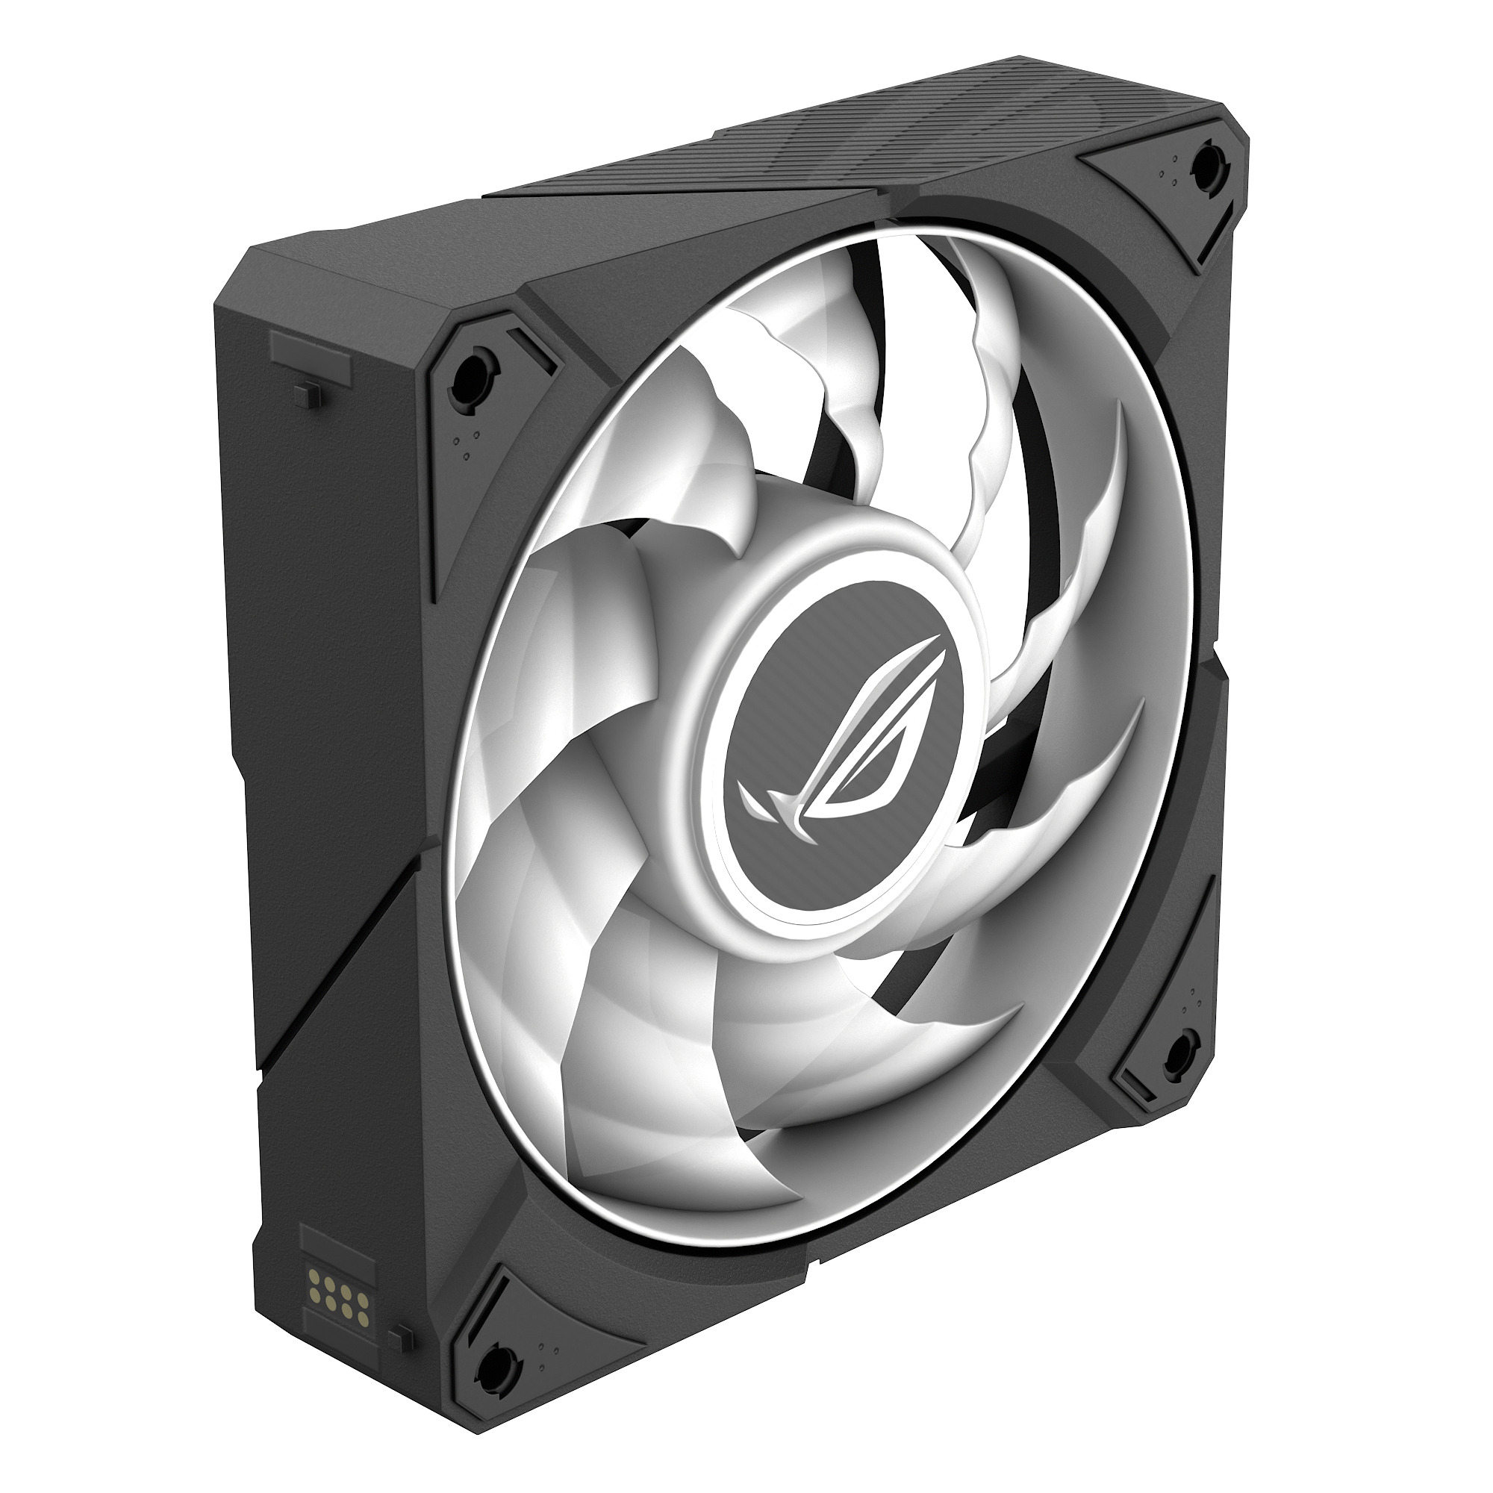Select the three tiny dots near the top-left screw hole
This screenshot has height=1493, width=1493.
pos(465,448)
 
